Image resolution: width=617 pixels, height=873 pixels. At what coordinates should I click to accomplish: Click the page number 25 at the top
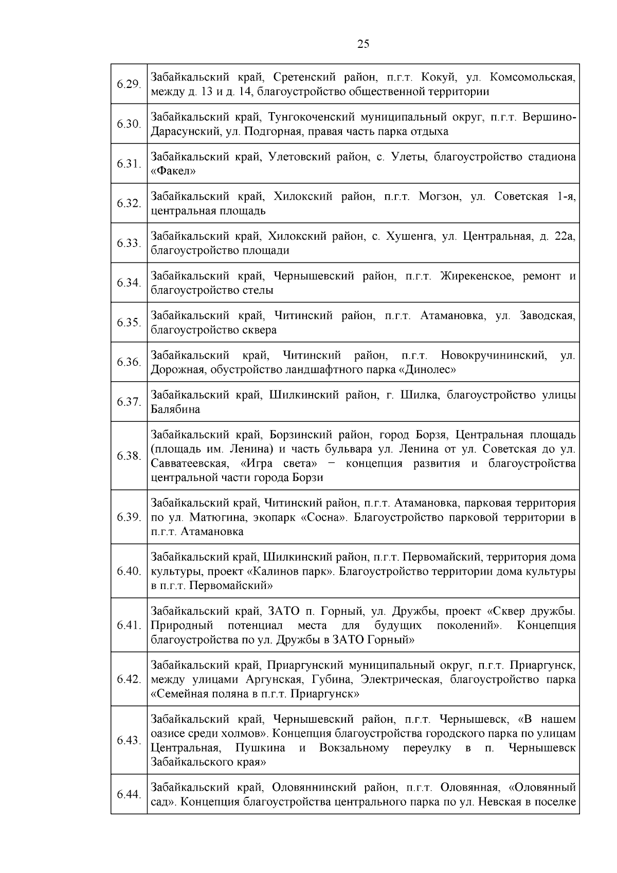tap(363, 44)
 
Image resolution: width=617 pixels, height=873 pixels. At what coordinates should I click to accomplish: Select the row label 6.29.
tap(129, 84)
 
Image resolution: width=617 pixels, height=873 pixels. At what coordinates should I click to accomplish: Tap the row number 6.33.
tap(129, 243)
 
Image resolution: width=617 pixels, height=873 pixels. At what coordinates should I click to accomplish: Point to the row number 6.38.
tap(129, 456)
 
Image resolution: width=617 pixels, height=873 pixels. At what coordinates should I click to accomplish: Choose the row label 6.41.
tap(129, 626)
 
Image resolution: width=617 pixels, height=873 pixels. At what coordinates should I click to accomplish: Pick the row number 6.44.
tap(129, 795)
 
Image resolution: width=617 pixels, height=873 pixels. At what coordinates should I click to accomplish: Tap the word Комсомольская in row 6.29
tap(533, 77)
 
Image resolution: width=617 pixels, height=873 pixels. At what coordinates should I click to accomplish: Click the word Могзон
tap(439, 197)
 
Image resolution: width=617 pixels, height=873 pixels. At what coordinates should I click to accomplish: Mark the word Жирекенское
tap(477, 276)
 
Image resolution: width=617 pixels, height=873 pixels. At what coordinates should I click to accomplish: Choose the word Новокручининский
tap(493, 355)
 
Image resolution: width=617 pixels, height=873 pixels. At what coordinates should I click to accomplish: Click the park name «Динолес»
tap(428, 369)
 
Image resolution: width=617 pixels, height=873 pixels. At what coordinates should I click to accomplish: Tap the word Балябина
tap(175, 409)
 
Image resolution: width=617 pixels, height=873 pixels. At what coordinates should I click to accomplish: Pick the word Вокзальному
tap(354, 747)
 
